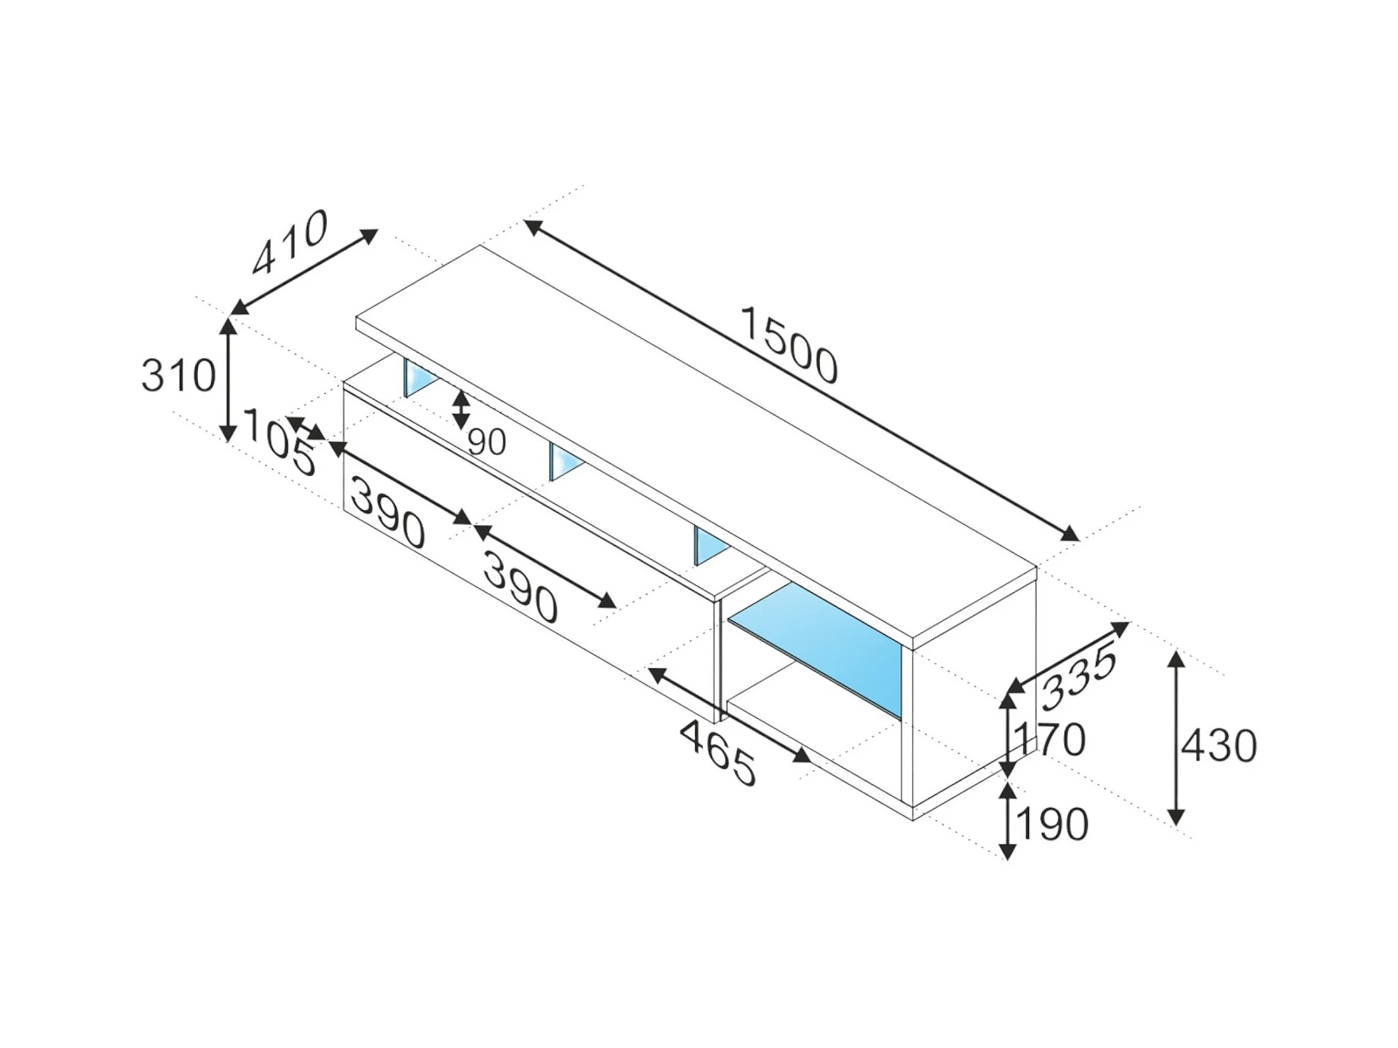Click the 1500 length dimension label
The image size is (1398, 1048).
coord(788,344)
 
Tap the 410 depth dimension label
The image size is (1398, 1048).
coord(290,242)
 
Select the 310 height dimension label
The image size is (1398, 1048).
coord(179,376)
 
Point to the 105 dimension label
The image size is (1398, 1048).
coord(280,441)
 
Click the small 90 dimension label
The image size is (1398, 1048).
coord(487,442)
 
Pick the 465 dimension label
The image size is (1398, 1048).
coord(718,753)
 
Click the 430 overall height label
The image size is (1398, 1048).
coord(1219,747)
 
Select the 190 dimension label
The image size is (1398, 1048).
coord(1051,825)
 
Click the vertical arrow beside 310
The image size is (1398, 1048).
coord(228,380)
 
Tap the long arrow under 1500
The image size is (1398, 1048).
coord(802,380)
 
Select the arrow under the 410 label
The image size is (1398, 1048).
coord(304,272)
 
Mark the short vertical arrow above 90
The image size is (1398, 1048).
coord(461,410)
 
